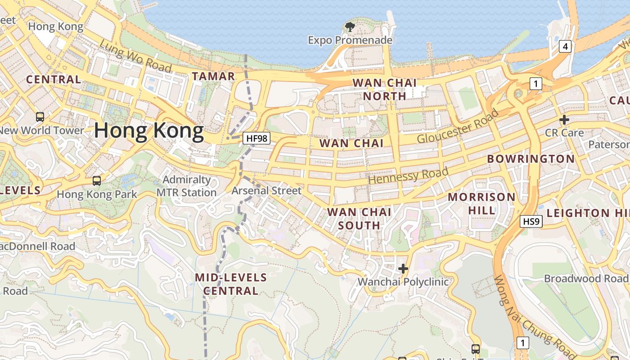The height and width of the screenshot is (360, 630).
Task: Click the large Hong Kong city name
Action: coord(148,130)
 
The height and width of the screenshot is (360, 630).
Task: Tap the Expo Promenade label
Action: coord(350,40)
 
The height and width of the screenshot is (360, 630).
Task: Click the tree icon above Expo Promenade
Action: coord(350,27)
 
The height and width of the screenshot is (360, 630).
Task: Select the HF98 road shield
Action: coord(257,138)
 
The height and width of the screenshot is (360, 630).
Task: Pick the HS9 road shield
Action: coord(531,221)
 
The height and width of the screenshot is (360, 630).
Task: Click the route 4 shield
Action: coord(565,46)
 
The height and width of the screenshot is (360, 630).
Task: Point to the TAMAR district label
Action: coord(213,76)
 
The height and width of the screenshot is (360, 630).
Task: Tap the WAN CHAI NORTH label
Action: coord(385,89)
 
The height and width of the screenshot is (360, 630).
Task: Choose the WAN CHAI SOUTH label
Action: coord(359,218)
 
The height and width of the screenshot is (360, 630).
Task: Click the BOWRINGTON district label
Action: coord(531,159)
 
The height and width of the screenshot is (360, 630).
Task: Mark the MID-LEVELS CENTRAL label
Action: coord(231,284)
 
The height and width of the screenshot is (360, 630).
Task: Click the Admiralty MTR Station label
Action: coord(186,186)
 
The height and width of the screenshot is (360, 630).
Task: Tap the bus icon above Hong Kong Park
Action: coord(96,181)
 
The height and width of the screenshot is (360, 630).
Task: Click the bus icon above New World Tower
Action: coord(40,117)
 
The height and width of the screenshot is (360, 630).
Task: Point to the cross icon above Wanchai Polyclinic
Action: coord(403,269)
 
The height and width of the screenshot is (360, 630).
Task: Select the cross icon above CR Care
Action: coord(564,120)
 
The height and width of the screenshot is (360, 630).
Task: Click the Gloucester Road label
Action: coord(458,126)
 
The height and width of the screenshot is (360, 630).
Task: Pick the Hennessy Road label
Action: coord(408,175)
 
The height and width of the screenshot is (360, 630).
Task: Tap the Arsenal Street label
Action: coord(266,191)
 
